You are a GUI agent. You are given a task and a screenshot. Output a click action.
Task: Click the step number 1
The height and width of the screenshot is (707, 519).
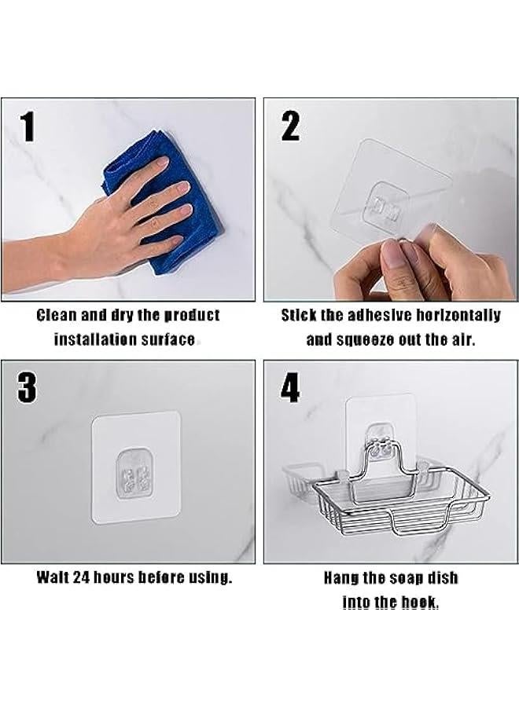[28, 126]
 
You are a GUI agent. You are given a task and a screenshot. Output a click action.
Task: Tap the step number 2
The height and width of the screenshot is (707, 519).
[290, 126]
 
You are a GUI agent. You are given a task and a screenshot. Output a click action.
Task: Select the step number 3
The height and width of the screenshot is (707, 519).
[28, 388]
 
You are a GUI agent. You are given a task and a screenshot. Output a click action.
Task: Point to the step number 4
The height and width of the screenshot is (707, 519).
[290, 388]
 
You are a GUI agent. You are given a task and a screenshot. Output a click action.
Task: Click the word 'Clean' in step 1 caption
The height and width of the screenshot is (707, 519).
[57, 315]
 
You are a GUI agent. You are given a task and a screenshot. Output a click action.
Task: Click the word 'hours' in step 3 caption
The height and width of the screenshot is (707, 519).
[115, 577]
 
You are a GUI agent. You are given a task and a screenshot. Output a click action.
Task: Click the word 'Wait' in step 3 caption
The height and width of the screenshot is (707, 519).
[53, 577]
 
